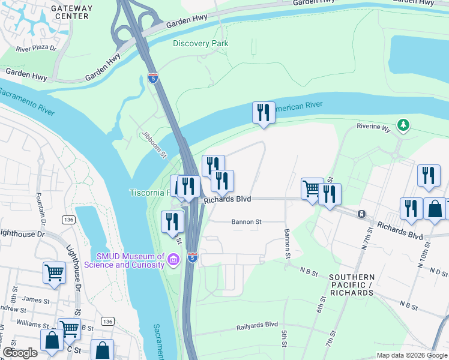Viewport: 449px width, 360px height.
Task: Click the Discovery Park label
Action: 200,43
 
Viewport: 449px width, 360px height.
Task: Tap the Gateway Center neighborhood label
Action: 71,12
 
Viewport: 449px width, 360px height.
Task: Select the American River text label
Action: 298,107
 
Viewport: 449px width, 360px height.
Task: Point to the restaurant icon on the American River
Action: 263,112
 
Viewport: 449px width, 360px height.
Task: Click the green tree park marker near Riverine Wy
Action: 405,124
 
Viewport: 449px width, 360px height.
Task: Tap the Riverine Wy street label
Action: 373,127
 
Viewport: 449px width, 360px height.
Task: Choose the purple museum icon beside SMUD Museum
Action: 173,259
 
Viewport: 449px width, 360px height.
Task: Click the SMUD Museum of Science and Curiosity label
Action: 124,260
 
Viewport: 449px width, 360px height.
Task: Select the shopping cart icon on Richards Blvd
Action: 312,189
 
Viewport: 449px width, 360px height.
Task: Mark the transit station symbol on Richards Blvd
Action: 361,214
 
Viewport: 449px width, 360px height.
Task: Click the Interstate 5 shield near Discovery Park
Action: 153,77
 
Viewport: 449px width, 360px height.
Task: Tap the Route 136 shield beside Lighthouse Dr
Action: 68,220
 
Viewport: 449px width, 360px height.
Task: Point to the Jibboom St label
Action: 154,145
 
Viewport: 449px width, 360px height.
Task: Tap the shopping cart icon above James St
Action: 54,273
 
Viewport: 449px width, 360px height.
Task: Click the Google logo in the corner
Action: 20,353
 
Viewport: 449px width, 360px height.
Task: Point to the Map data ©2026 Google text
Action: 412,355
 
